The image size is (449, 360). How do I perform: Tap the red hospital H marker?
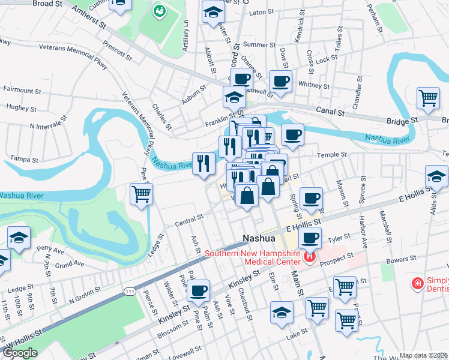coord(310,258)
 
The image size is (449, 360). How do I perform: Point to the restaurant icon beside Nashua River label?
coord(204,163)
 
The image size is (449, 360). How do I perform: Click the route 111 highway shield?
coord(130,291)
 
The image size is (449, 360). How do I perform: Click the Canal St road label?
coord(331,112)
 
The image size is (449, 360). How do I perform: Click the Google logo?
coord(20,353)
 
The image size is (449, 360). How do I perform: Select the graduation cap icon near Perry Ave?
coord(19,238)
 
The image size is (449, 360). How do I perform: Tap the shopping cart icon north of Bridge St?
coord(428,97)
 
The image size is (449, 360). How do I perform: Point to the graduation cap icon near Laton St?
coord(212,13)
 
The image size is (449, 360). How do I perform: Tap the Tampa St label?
coord(25,160)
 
